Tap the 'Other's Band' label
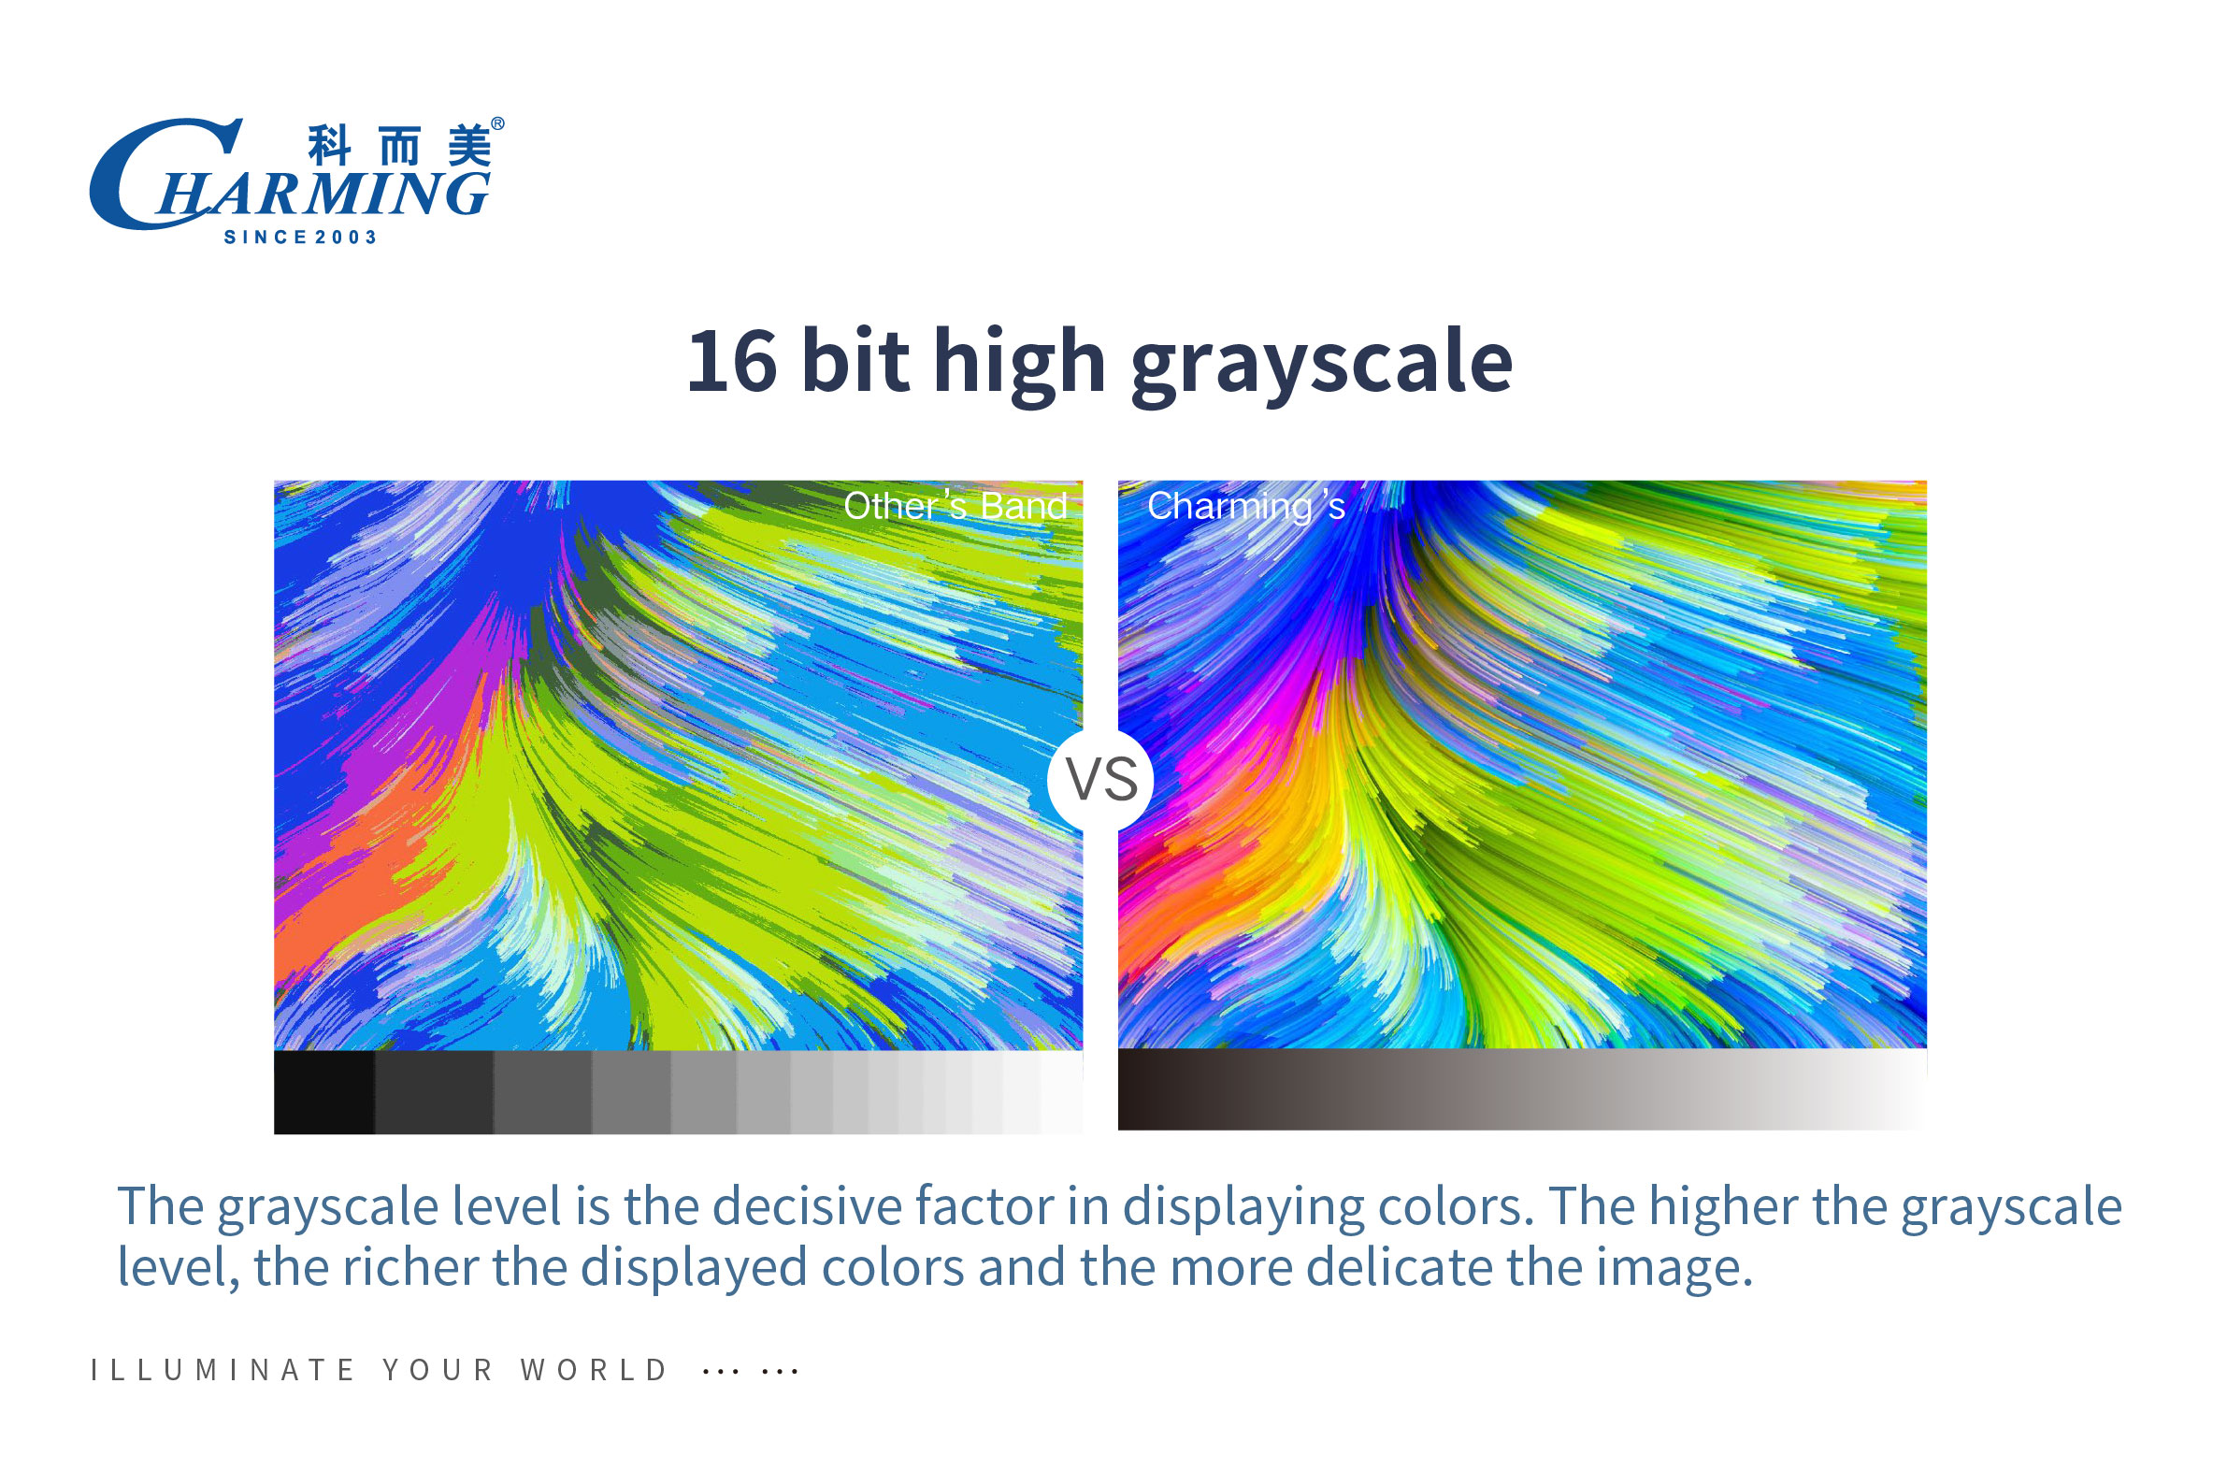tap(955, 505)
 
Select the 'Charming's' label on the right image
tap(1245, 507)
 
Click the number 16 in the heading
tap(732, 362)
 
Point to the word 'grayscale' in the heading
tap(1323, 366)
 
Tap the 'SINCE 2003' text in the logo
tap(300, 238)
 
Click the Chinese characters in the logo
tap(400, 146)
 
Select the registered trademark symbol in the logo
tap(497, 123)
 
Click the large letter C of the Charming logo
tap(140, 174)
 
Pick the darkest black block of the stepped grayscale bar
tap(324, 1092)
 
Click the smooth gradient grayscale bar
tap(1522, 1089)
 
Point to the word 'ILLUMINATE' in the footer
tap(223, 1370)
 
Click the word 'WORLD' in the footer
tap(595, 1370)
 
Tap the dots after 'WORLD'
tap(750, 1372)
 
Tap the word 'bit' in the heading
tap(855, 362)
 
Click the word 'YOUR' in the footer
tap(438, 1370)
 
